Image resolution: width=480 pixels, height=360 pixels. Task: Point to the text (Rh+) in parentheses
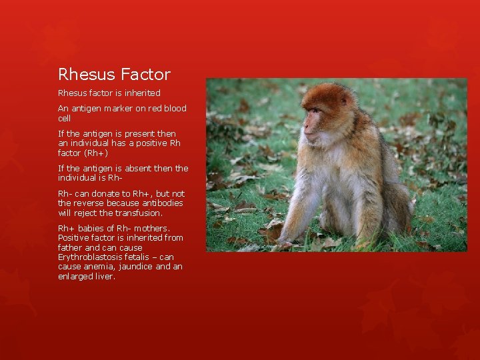pyautogui.click(x=100, y=153)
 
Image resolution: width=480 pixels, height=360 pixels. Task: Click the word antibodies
pyautogui.click(x=162, y=203)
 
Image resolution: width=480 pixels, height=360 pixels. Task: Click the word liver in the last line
pyautogui.click(x=103, y=276)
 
